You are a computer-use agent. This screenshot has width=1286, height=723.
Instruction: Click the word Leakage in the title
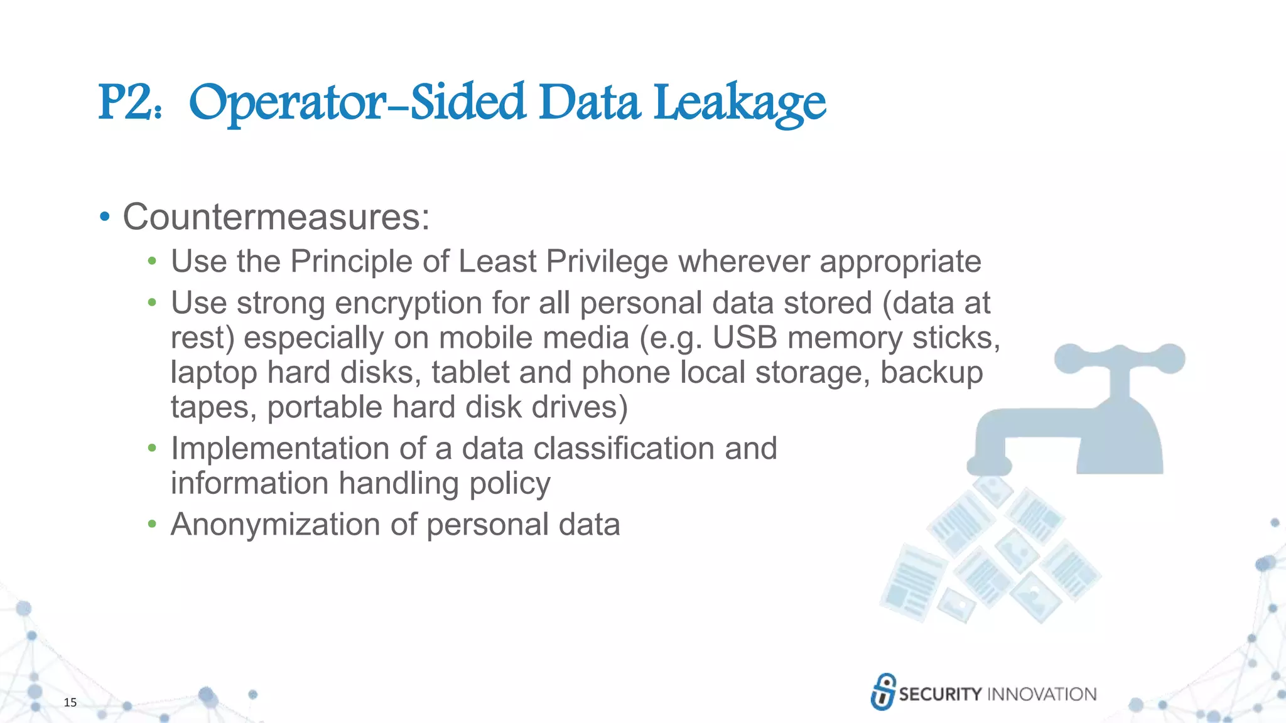tap(739, 104)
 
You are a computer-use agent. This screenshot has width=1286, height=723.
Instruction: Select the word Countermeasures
tap(276, 217)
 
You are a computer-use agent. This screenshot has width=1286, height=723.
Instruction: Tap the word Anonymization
tap(275, 525)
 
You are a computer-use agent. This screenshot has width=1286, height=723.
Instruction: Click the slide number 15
tap(70, 702)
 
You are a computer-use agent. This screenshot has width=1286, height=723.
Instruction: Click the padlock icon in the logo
tap(883, 692)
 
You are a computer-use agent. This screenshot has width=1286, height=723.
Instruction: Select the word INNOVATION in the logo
tap(1042, 694)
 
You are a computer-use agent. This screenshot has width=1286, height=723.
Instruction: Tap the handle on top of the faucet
tap(1120, 359)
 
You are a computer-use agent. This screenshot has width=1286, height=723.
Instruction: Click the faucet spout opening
tap(989, 466)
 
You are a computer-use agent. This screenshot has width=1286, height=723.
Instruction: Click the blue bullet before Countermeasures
tap(105, 217)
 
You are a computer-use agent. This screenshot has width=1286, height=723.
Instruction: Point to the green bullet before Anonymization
tap(151, 525)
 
